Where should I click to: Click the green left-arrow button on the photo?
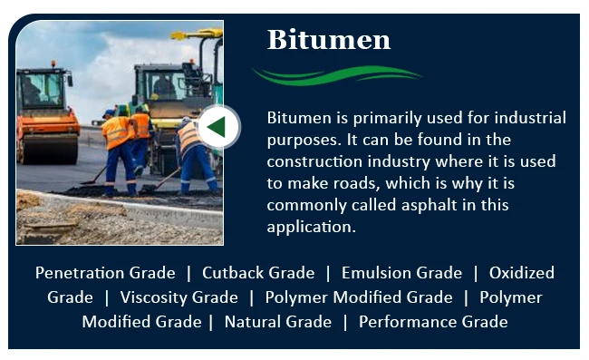click(217, 127)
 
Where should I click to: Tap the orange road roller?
click(46, 112)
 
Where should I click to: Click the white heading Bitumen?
click(328, 40)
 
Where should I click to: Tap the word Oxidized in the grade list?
click(521, 273)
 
